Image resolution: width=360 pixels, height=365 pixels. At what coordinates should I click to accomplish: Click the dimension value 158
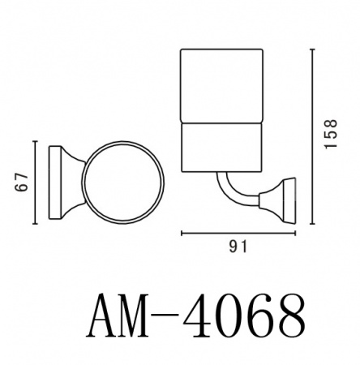click(x=331, y=134)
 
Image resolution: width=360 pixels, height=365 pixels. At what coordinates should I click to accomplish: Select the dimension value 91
click(x=238, y=247)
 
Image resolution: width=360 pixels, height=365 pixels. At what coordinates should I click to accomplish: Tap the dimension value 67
click(x=22, y=182)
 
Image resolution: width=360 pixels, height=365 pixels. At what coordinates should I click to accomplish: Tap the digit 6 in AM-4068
click(x=262, y=315)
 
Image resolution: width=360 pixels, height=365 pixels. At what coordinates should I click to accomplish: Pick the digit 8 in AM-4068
click(x=291, y=315)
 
